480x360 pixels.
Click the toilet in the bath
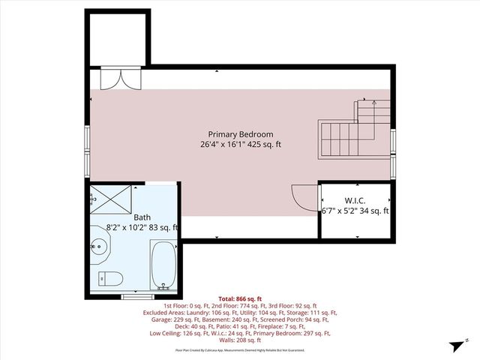click(112, 277)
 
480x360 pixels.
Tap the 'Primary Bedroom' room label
click(241, 134)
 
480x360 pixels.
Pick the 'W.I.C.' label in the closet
click(355, 200)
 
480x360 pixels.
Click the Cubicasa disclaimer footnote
click(241, 349)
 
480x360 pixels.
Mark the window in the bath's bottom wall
click(133, 296)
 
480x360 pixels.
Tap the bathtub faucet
click(163, 285)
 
